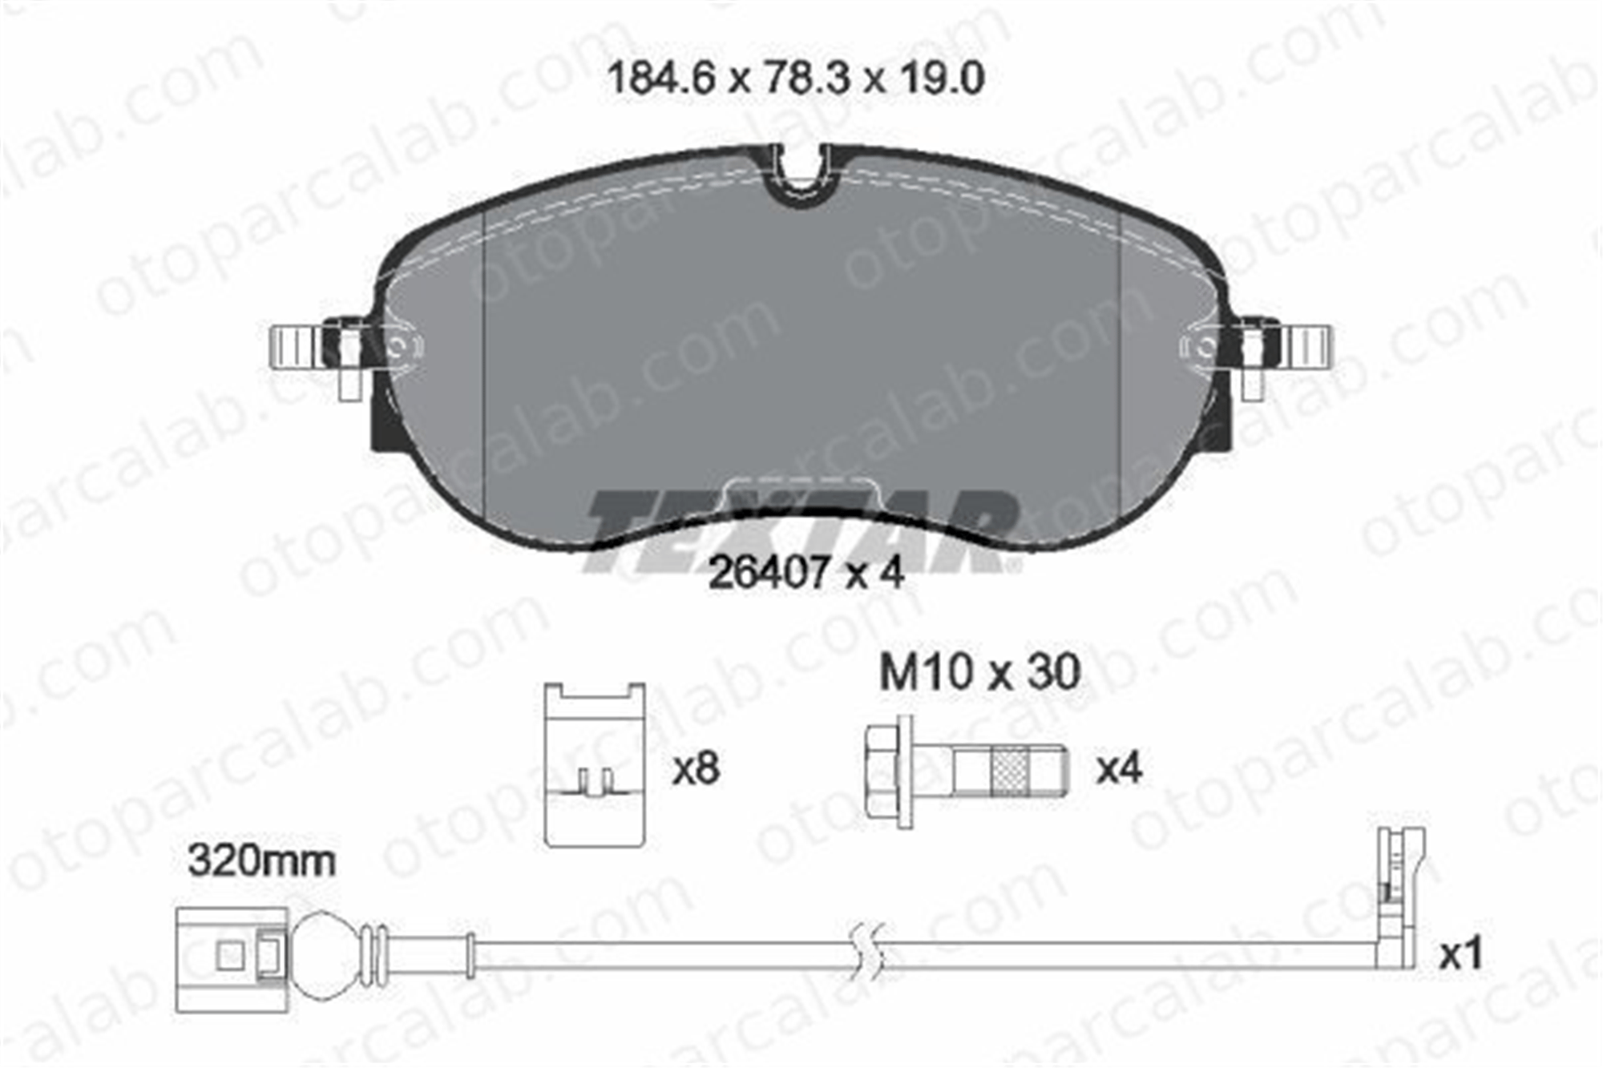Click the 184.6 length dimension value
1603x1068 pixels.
point(661,79)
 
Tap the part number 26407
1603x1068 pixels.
point(769,573)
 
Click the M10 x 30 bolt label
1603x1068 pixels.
point(979,672)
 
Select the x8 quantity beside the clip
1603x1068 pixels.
point(696,769)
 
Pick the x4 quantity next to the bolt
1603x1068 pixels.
point(1118,769)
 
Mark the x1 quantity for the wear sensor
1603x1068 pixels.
point(1460,955)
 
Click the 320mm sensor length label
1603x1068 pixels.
point(261,862)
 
